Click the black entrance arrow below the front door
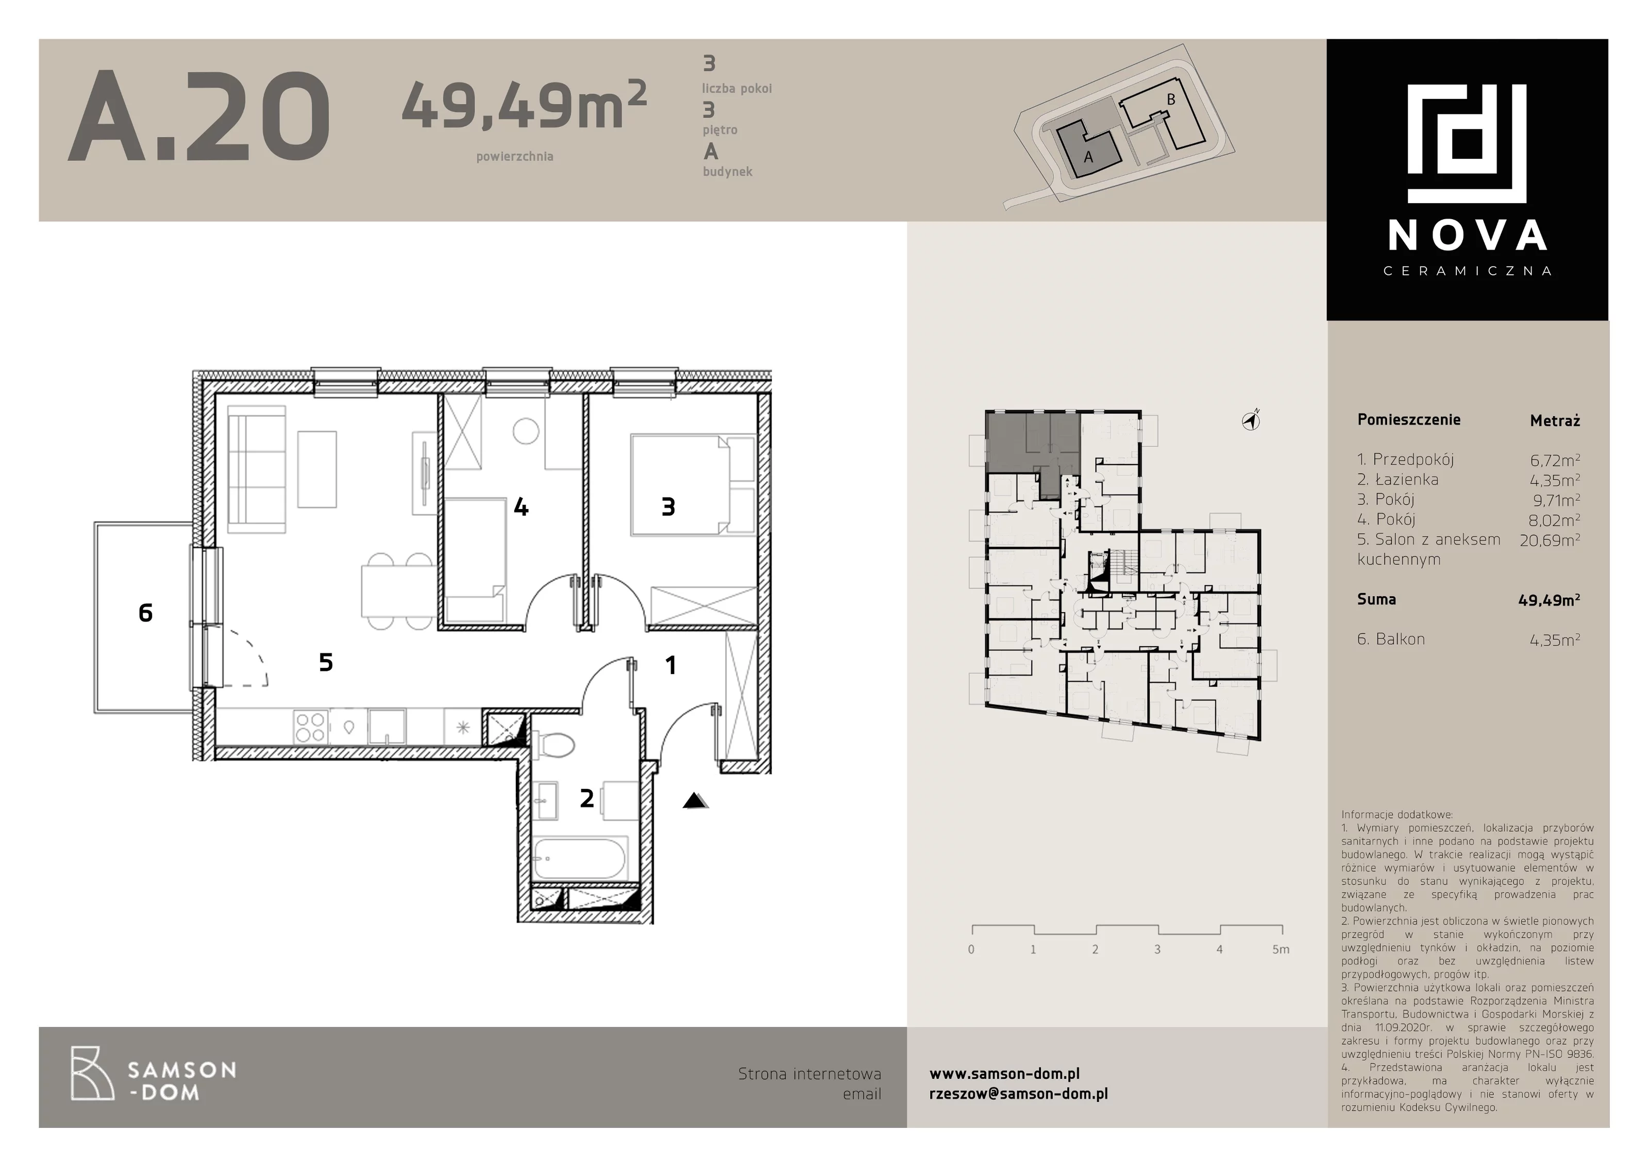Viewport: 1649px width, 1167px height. point(695,800)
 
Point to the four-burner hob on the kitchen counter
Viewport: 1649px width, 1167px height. point(311,727)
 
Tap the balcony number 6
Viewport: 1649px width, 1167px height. point(145,612)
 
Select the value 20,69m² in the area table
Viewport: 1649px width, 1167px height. point(1549,539)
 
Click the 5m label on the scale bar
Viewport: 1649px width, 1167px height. point(1281,949)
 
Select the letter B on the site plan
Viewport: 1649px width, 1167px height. point(1171,100)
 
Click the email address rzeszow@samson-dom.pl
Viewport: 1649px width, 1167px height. point(1018,1094)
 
